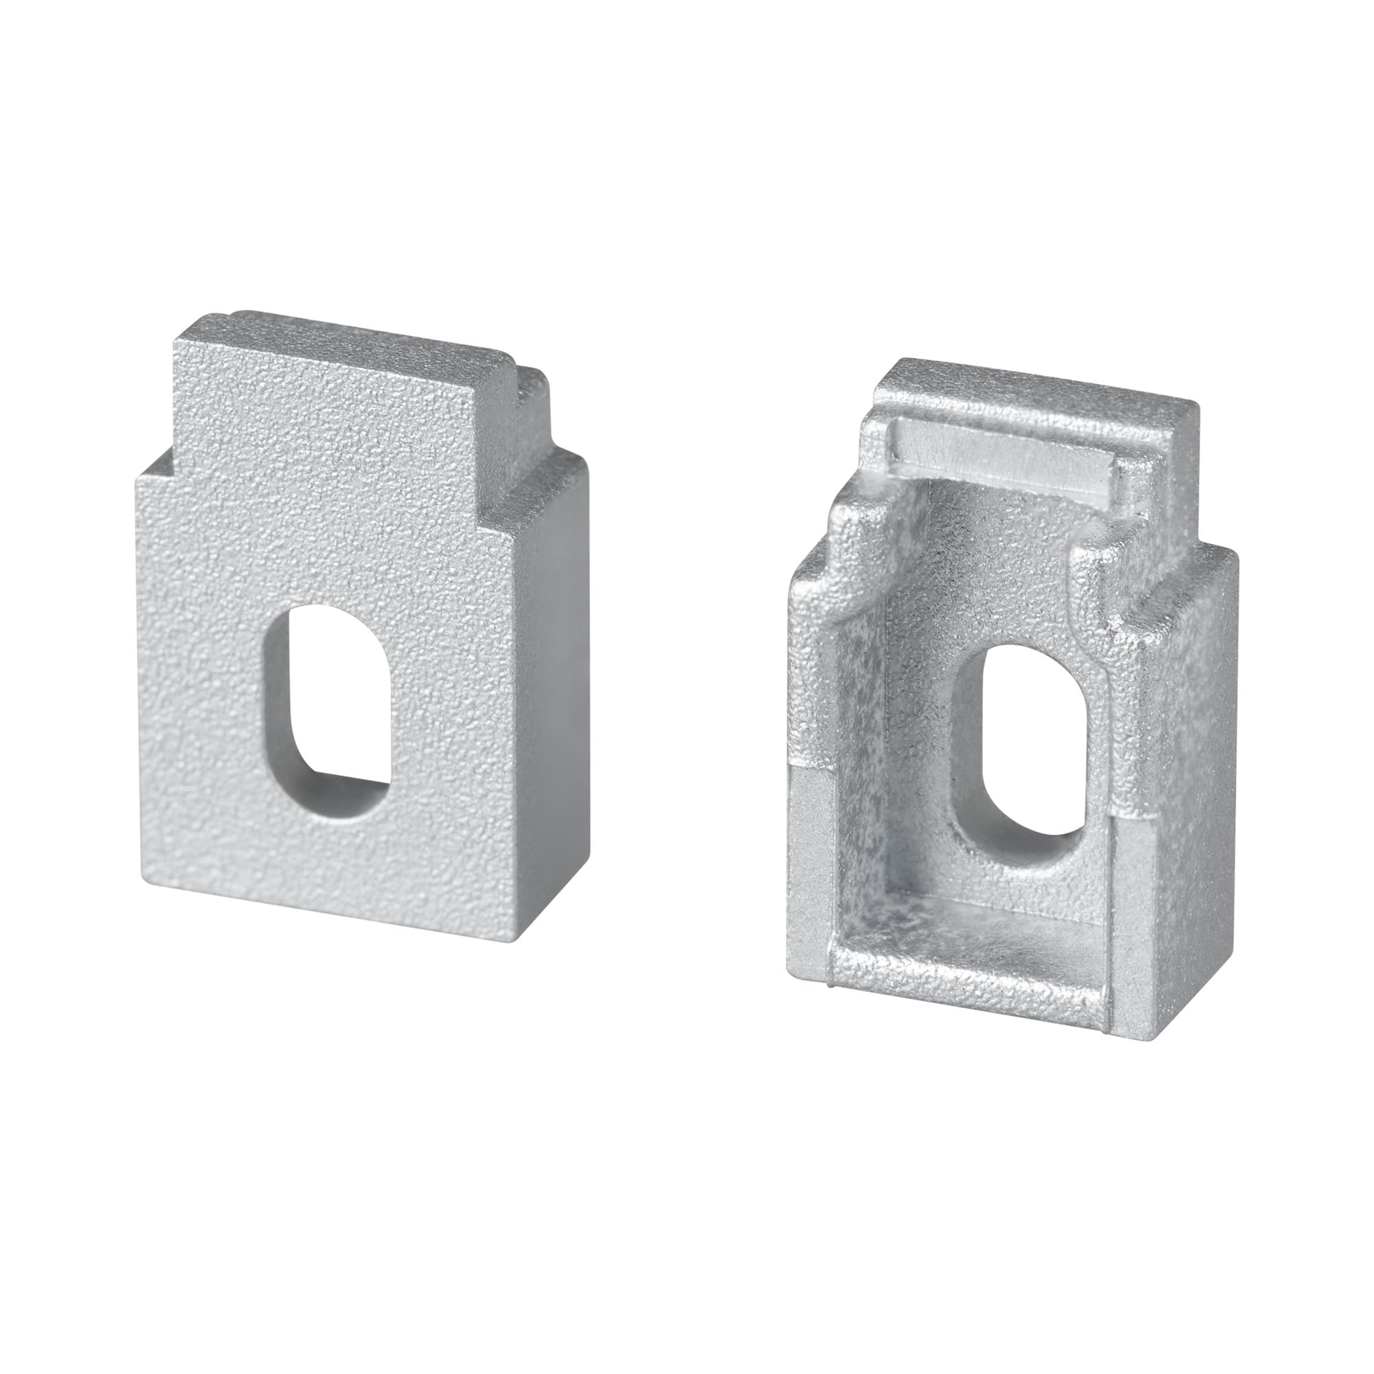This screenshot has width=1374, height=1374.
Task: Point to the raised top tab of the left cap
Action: (341, 384)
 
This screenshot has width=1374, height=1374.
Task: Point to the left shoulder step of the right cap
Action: (818, 562)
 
